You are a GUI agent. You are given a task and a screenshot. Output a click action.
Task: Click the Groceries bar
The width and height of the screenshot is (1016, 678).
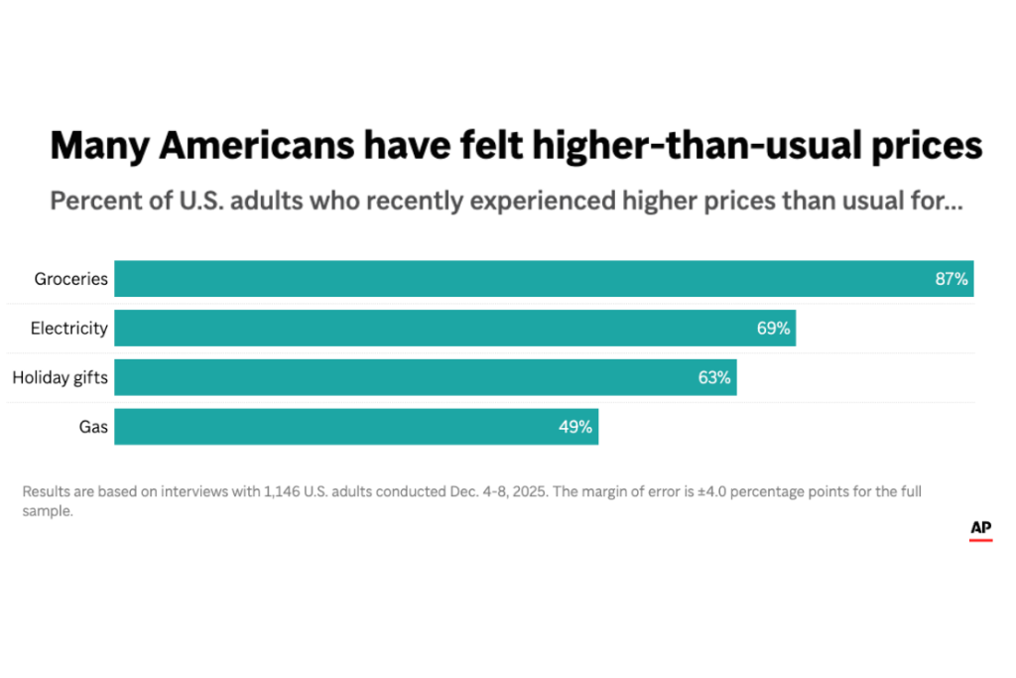544,279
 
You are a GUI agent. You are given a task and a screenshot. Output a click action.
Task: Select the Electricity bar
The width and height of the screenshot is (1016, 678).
454,328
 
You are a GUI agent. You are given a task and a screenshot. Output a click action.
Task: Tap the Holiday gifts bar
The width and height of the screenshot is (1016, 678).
425,377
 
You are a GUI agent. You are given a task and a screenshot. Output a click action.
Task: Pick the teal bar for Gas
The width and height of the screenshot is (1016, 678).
356,427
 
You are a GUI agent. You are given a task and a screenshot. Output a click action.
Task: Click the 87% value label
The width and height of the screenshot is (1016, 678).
951,279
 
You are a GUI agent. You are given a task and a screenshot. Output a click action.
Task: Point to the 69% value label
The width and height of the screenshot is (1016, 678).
773,328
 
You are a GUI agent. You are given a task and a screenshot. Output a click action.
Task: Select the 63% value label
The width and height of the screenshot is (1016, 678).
713,377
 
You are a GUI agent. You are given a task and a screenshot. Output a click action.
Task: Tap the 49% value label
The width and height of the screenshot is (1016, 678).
575,427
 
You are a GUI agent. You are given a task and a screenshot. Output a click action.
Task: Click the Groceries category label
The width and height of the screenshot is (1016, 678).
70,279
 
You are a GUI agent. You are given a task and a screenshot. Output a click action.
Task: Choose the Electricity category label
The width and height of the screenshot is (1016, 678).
68,328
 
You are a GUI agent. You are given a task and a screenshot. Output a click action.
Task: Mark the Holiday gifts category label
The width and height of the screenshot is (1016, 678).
60,377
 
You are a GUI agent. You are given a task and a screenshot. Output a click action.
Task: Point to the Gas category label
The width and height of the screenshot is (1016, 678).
93,427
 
